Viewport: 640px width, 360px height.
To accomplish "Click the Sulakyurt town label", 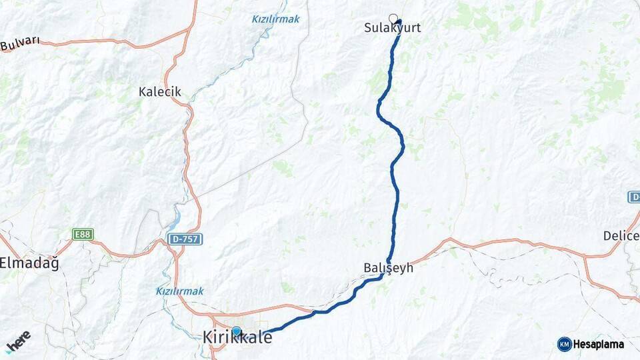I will tap(393, 29).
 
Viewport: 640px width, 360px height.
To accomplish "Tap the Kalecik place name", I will tap(160, 92).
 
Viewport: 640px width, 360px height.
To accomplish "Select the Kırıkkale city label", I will tap(237, 339).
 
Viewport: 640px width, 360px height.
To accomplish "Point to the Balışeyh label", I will tap(389, 268).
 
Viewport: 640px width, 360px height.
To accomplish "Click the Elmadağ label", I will tap(29, 263).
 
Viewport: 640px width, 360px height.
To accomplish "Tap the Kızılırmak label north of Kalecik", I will tap(275, 19).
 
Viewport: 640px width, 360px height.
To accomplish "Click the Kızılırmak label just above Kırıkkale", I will tap(179, 291).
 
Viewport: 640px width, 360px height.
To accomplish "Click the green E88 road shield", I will tap(83, 235).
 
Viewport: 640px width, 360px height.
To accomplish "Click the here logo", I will tap(18, 341).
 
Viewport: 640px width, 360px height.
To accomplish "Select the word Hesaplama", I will tap(599, 345).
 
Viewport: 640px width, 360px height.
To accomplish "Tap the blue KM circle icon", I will tap(565, 344).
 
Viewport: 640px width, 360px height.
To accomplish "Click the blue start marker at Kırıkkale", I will tap(237, 331).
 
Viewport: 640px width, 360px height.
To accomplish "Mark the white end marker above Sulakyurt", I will tap(393, 18).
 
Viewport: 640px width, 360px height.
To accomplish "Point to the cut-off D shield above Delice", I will tap(634, 197).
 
